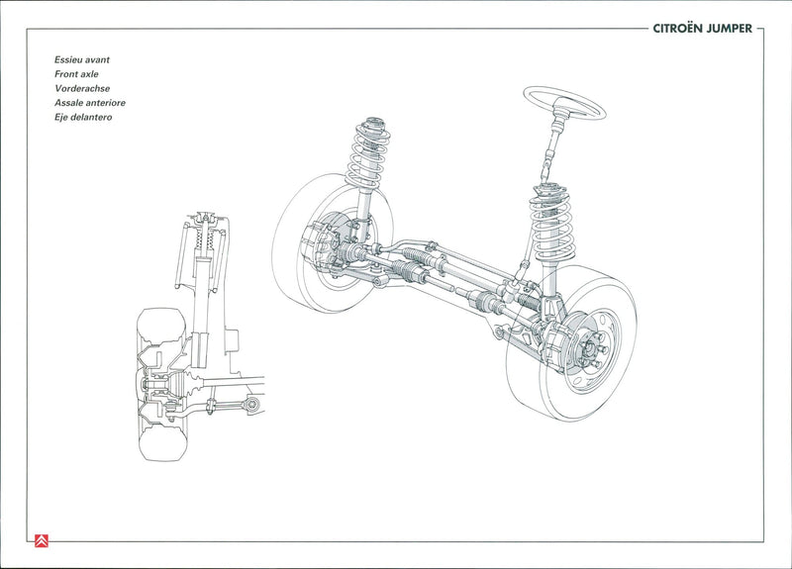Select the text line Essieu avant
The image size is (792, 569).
coord(83,59)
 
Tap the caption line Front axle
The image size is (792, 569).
coord(76,74)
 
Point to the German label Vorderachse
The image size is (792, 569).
coord(82,88)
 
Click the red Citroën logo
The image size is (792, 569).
coord(42,540)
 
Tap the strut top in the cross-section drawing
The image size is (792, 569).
coord(205,219)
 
